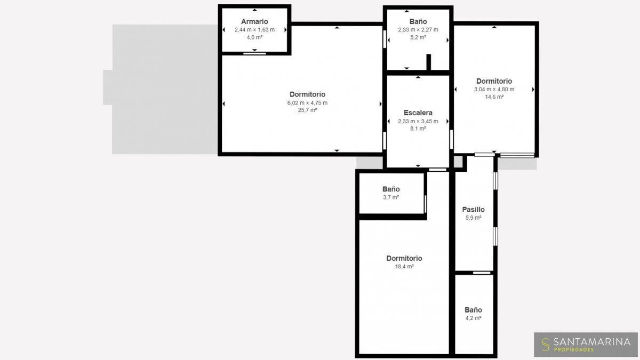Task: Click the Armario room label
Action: pyautogui.click(x=254, y=21)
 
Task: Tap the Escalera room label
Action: pyautogui.click(x=418, y=113)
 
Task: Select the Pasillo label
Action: pyautogui.click(x=473, y=210)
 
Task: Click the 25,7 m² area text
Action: pyautogui.click(x=307, y=110)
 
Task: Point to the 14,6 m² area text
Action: pyautogui.click(x=494, y=97)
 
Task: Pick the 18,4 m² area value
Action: pyautogui.click(x=404, y=266)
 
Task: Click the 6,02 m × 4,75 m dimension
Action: pyautogui.click(x=307, y=102)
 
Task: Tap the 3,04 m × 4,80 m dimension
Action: pyautogui.click(x=494, y=89)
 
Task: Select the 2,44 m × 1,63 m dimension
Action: pyautogui.click(x=254, y=29)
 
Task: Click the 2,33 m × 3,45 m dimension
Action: pyautogui.click(x=418, y=121)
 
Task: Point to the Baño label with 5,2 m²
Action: pyautogui.click(x=418, y=21)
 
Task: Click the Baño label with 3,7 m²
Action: pyautogui.click(x=391, y=189)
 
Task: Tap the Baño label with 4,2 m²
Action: pyautogui.click(x=473, y=310)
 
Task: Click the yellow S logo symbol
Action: pyautogui.click(x=546, y=345)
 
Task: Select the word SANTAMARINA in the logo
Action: pyautogui.click(x=592, y=342)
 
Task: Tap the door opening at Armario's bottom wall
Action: pyautogui.click(x=254, y=53)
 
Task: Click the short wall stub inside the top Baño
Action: pyautogui.click(x=428, y=62)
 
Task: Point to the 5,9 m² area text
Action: pyautogui.click(x=473, y=218)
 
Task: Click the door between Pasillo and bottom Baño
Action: pyautogui.click(x=482, y=273)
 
